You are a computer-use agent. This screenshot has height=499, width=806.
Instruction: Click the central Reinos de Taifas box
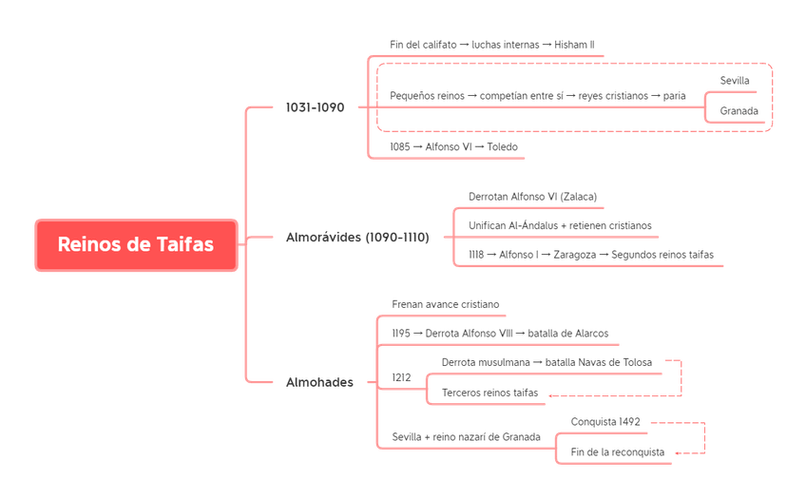click(136, 244)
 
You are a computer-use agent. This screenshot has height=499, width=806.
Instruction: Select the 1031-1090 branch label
click(314, 107)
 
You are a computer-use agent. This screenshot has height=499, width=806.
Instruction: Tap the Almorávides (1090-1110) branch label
click(357, 237)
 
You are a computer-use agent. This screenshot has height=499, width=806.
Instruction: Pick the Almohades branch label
click(320, 382)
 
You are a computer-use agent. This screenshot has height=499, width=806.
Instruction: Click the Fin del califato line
click(491, 45)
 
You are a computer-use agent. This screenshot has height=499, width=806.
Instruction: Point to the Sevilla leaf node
click(735, 80)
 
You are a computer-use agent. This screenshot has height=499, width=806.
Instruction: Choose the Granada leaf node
click(739, 111)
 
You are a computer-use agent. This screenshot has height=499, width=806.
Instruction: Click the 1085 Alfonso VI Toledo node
click(454, 147)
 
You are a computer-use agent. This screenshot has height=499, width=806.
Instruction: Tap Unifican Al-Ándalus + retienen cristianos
click(560, 225)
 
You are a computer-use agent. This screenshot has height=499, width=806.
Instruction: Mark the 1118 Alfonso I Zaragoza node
click(592, 255)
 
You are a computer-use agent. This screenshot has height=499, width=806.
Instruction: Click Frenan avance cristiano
click(445, 304)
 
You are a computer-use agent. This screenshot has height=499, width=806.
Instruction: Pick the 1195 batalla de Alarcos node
click(500, 334)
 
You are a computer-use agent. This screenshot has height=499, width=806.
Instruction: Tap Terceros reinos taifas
click(489, 393)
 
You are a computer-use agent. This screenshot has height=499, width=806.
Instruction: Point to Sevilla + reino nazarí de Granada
click(466, 436)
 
